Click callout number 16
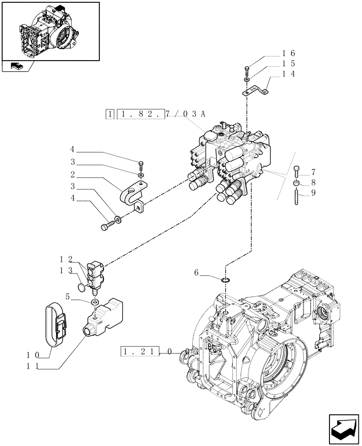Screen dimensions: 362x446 point(288,53)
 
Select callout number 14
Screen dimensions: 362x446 point(288,74)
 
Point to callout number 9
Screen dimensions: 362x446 point(313,193)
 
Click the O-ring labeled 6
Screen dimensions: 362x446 point(226,280)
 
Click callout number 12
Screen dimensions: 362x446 point(64,259)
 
